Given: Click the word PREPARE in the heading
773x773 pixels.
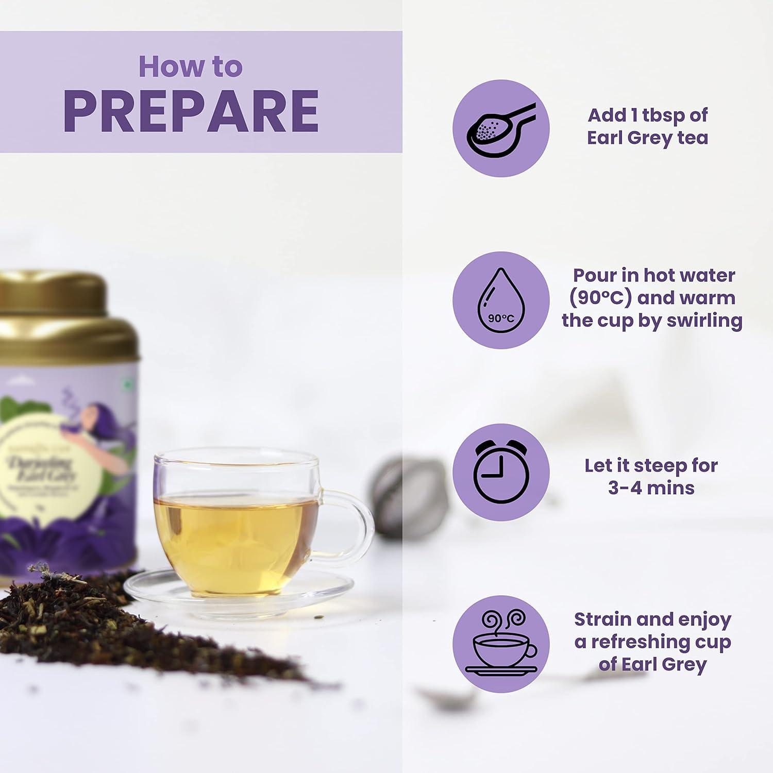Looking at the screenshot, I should (x=191, y=111).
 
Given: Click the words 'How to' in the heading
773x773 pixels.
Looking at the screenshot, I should (x=190, y=67).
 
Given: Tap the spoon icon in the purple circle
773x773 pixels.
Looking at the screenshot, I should (x=500, y=129).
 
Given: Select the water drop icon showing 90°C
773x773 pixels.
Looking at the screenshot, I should (x=500, y=300).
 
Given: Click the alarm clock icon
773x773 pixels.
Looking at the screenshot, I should (x=500, y=472).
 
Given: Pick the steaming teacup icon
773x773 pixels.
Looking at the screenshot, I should (x=500, y=644).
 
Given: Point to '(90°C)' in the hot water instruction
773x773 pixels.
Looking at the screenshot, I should (x=601, y=298).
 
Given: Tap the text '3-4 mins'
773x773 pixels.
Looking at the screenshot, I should (x=651, y=488).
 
